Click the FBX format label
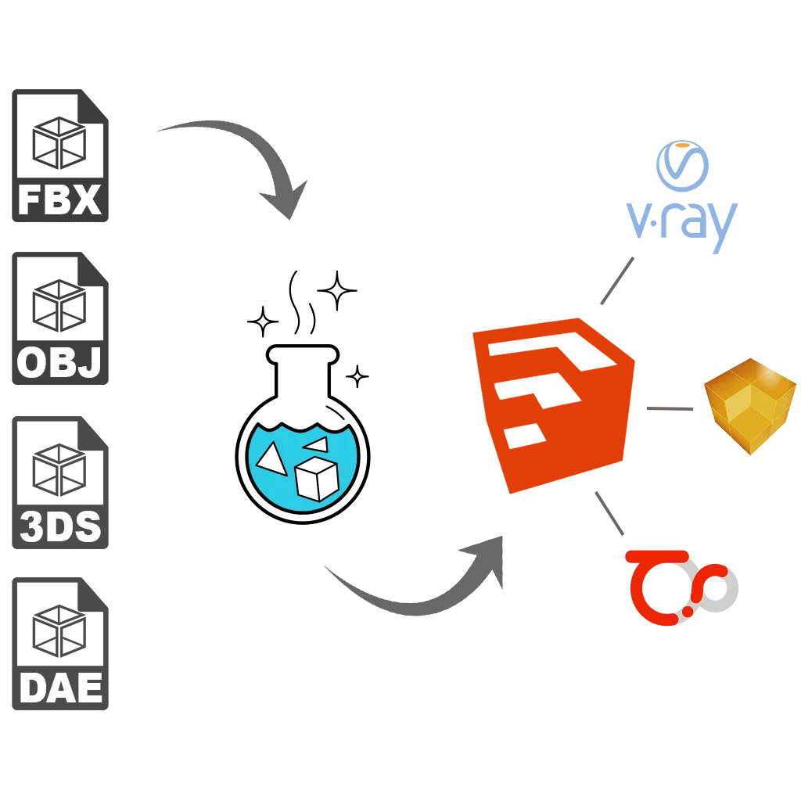[x=59, y=200]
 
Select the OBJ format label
[x=59, y=363]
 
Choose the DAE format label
[x=60, y=688]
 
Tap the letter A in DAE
[x=61, y=688]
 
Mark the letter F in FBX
[x=29, y=200]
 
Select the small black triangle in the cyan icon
[x=317, y=445]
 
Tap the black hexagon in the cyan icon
[x=316, y=479]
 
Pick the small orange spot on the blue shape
[x=683, y=146]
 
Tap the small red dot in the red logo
[x=688, y=609]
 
